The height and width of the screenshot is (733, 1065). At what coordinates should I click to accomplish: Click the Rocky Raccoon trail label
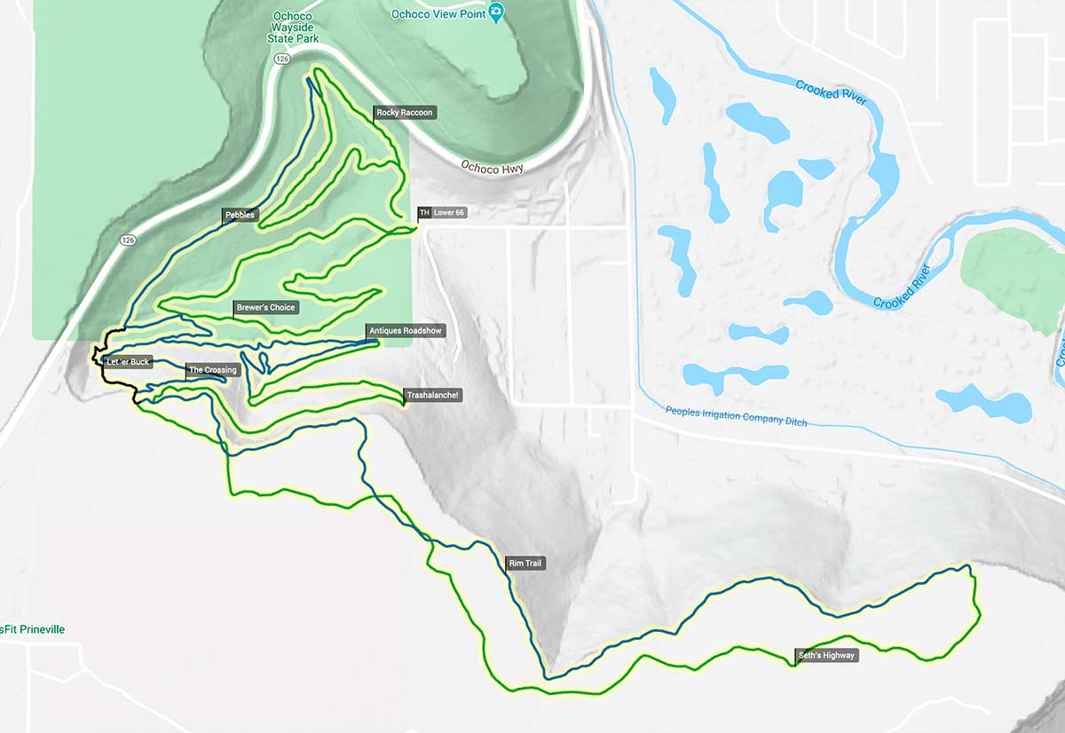[x=405, y=113]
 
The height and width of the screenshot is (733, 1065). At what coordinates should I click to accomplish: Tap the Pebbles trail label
[x=240, y=215]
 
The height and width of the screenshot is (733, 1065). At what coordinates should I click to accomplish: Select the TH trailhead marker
[x=423, y=213]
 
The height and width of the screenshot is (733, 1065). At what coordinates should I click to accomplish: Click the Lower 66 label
[x=449, y=213]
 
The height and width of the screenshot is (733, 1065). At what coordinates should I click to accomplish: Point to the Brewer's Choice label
[x=265, y=307]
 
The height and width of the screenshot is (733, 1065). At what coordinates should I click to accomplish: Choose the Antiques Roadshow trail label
[x=405, y=331]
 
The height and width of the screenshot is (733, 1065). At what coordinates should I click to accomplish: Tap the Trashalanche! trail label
[x=433, y=395]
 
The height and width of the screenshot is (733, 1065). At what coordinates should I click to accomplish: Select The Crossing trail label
[x=213, y=370]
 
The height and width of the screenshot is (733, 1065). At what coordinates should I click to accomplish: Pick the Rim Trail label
[x=525, y=564]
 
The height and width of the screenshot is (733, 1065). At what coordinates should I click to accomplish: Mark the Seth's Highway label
[x=826, y=656]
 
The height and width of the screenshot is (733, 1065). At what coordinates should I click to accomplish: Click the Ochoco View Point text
[x=438, y=14]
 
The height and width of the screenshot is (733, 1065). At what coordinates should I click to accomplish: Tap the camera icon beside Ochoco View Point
[x=496, y=12]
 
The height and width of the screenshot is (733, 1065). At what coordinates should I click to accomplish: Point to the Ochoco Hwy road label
[x=493, y=168]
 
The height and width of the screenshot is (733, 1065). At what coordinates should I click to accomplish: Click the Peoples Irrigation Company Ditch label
[x=737, y=416]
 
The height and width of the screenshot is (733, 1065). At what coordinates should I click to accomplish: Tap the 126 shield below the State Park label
[x=282, y=59]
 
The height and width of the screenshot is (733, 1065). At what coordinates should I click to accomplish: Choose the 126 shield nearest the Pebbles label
[x=129, y=240]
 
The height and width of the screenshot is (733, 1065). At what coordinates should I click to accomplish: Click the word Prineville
[x=41, y=629]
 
